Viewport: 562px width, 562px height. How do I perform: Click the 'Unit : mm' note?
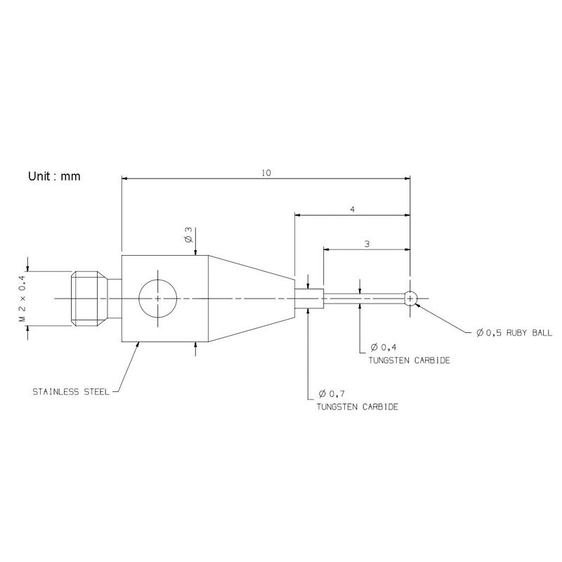coord(54,176)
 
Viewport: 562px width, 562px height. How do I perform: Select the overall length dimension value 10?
coord(266,173)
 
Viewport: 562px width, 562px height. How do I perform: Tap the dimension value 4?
coord(353,209)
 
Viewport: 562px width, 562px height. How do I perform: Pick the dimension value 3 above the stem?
coord(367,244)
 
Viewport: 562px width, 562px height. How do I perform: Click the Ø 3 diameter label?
coord(189,235)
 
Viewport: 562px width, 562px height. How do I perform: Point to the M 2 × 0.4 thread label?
coord(22,299)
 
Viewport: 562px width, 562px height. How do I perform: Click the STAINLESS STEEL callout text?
coord(71,392)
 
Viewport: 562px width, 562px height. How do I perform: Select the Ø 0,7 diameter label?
coord(332,394)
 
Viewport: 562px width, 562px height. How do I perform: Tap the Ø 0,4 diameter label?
coord(384,347)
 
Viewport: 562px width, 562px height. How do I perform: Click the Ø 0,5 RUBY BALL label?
coord(514,333)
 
